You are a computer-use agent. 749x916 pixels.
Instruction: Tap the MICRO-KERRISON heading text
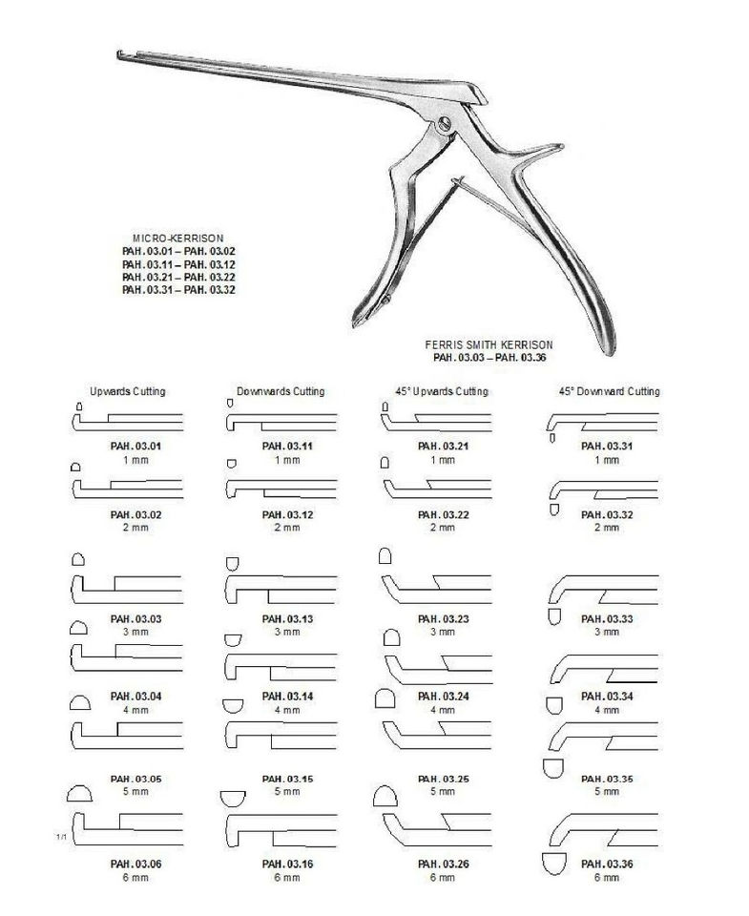click(x=180, y=238)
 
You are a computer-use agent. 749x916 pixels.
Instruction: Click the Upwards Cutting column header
click(x=128, y=392)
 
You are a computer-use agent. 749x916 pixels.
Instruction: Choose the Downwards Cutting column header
click(x=281, y=392)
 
